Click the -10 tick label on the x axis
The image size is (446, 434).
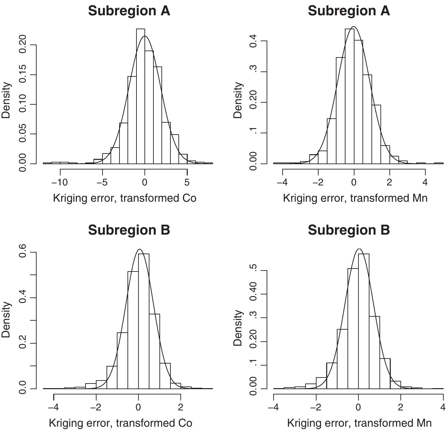click(x=60, y=182)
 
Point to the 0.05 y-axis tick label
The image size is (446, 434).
click(x=23, y=134)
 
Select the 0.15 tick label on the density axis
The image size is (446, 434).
click(x=23, y=75)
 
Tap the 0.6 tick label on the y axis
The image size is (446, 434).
click(x=23, y=253)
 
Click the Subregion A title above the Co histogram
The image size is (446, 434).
click(x=129, y=11)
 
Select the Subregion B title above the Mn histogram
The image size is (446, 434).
click(x=348, y=230)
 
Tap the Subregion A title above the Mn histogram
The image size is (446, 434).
click(x=348, y=11)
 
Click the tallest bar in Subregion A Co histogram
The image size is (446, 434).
click(x=140, y=96)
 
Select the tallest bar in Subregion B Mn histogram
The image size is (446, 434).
click(x=363, y=321)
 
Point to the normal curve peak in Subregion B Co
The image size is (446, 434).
click(x=139, y=249)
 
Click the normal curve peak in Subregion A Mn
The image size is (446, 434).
click(x=354, y=27)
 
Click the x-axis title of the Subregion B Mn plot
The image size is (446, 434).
click(x=359, y=423)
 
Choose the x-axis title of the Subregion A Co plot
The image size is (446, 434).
click(x=124, y=198)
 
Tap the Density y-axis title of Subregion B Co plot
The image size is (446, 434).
click(x=6, y=320)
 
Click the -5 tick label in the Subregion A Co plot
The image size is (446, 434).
click(x=102, y=182)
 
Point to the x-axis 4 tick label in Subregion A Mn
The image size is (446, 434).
click(x=425, y=182)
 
